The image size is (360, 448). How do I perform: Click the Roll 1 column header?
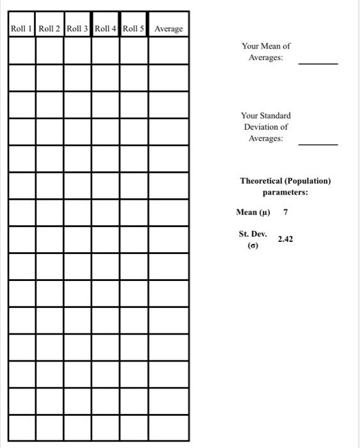click(x=22, y=29)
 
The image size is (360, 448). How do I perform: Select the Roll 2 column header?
click(x=49, y=29)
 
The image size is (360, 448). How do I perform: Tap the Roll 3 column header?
click(x=77, y=29)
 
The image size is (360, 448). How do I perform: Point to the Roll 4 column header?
click(x=106, y=29)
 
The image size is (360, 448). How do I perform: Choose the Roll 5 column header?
click(x=134, y=29)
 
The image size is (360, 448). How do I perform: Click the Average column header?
click(x=168, y=29)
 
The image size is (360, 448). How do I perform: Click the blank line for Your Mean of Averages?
click(x=318, y=63)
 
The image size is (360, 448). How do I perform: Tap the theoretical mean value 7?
click(x=285, y=212)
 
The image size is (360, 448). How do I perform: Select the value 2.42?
click(x=285, y=239)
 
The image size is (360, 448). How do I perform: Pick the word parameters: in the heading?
click(x=285, y=192)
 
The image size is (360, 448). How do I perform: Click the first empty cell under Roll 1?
click(x=22, y=51)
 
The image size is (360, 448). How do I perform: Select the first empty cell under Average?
click(x=169, y=51)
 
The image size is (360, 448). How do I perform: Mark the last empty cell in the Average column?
click(x=169, y=428)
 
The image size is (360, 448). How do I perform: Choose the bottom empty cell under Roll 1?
click(x=22, y=428)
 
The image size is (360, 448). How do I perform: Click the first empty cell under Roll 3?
click(x=77, y=51)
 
